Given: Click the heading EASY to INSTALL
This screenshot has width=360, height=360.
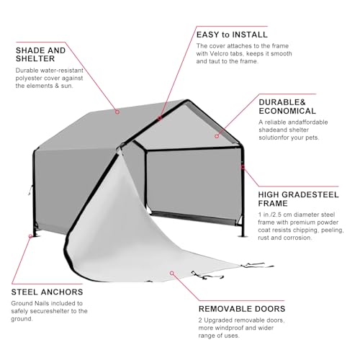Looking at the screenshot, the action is click(x=232, y=35).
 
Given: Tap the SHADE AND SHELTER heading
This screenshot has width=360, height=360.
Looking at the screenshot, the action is click(x=40, y=55).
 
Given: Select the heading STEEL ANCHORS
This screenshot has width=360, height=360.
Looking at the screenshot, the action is click(x=47, y=292).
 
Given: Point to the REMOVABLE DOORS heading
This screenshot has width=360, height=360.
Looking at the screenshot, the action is click(x=242, y=309).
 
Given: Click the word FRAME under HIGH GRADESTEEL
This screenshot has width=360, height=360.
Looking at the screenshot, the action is click(x=273, y=204).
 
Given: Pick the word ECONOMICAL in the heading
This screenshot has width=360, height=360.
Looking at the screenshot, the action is click(x=287, y=111).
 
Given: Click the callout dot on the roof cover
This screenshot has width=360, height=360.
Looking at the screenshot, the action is click(x=117, y=112).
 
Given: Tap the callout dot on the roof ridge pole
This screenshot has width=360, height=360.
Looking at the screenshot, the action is click(x=160, y=118).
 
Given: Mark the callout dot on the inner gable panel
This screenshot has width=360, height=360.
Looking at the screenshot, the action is click(x=217, y=136).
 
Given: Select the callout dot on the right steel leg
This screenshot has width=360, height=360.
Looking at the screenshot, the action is click(x=243, y=167).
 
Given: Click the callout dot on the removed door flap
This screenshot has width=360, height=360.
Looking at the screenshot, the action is click(x=172, y=273).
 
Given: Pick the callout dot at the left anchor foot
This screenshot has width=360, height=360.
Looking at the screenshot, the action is click(x=31, y=236).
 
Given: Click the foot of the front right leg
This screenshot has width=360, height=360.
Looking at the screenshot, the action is click(x=243, y=236).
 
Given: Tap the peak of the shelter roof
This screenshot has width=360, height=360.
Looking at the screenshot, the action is click(x=187, y=100).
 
